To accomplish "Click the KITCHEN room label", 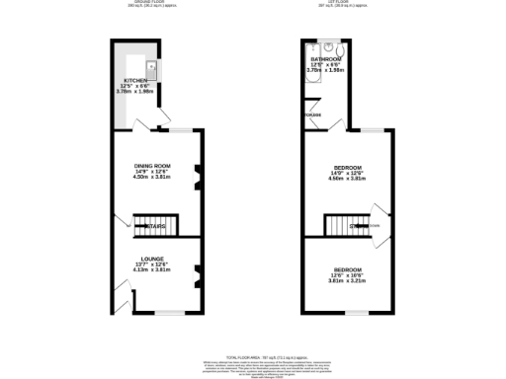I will [133, 80].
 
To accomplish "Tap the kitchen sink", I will [153, 68].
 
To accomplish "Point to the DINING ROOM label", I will [153, 165].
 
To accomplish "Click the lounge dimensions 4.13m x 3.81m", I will [153, 270].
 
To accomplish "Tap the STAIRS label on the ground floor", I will [155, 227].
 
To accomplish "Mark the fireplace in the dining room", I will [199, 176].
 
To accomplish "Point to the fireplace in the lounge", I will [199, 272].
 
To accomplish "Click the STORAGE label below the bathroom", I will [313, 116].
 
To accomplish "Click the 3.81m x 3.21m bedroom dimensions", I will [346, 281].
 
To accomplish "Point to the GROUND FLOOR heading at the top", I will [152, 3].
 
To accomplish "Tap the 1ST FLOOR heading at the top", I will [348, 3].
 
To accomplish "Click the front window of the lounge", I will [169, 314].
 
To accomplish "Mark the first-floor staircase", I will [345, 226].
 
